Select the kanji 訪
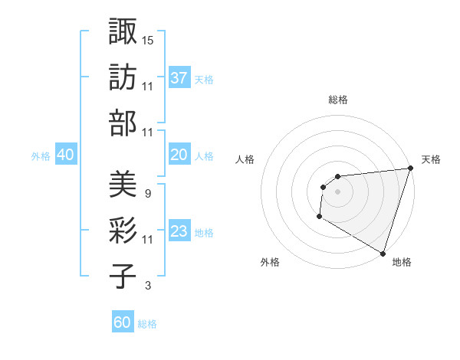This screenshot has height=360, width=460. [x=123, y=77]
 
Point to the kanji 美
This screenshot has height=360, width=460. [x=123, y=184]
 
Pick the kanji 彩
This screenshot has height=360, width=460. [x=123, y=231]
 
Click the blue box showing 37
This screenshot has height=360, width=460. [x=179, y=77]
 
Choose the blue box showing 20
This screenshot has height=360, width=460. [x=179, y=155]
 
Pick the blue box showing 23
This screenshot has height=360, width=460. [x=179, y=231]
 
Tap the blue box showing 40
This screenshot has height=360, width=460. [x=65, y=155]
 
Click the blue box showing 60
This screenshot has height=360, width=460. [x=122, y=322]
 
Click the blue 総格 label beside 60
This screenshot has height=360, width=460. [x=147, y=324]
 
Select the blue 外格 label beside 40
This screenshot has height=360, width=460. [x=41, y=156]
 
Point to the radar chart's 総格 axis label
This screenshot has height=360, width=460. [x=337, y=100]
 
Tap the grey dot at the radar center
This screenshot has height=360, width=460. [x=337, y=191]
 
